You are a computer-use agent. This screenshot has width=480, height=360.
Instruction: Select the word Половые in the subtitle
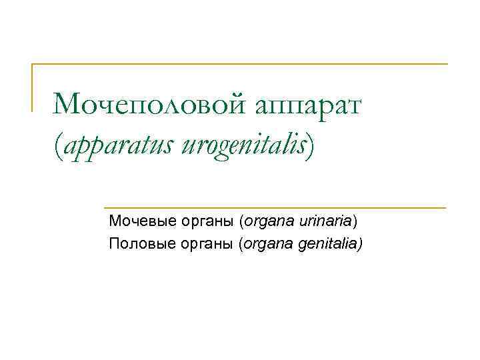(138, 244)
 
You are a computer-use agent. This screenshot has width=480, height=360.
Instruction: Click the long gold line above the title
(240, 65)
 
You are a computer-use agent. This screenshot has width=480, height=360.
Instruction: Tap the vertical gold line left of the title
(33, 87)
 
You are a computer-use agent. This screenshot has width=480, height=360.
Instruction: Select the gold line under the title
(273, 207)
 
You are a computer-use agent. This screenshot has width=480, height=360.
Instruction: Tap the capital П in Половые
(114, 243)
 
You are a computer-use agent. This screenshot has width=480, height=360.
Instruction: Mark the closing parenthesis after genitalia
(359, 245)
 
